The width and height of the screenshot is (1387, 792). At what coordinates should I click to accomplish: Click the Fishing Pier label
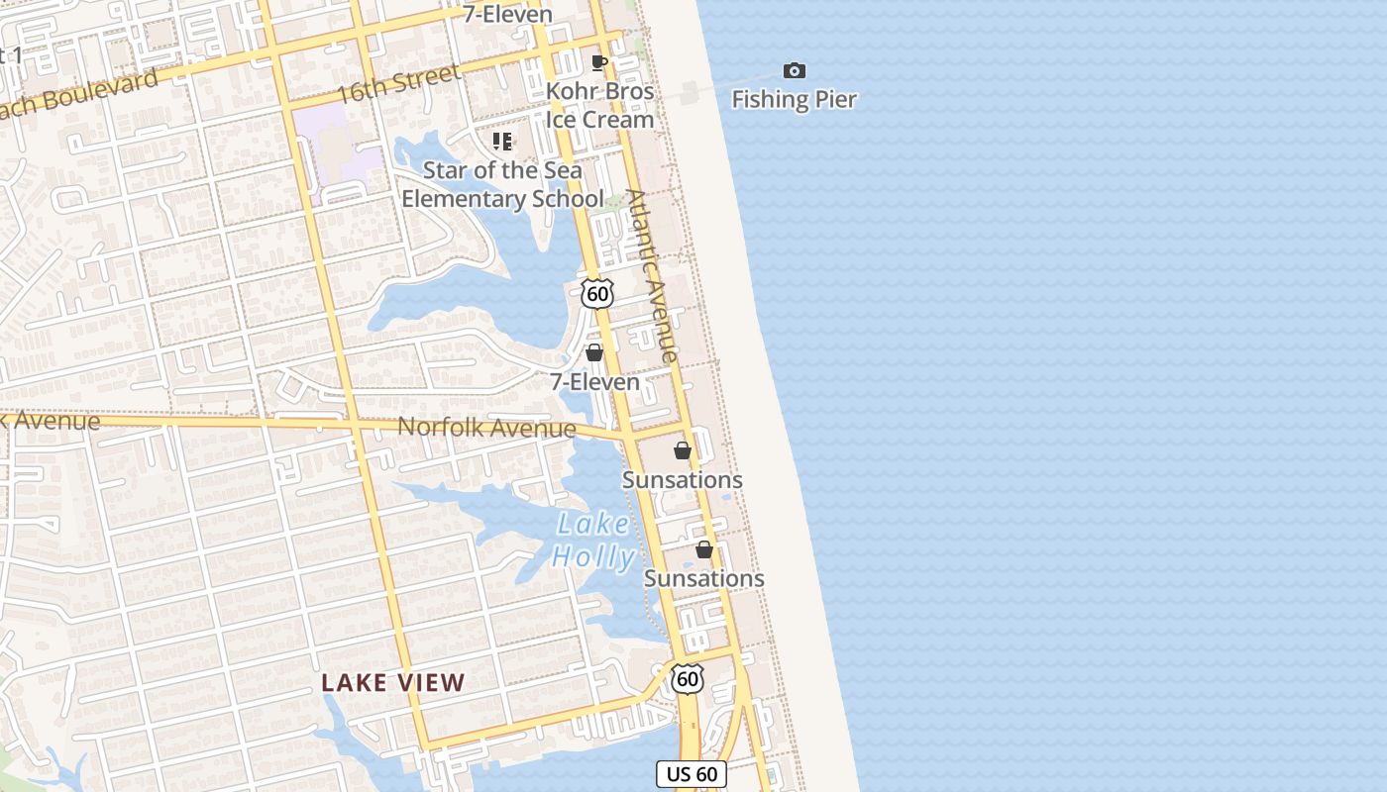point(794,99)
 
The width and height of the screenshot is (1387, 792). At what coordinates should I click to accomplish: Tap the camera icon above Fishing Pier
point(795,70)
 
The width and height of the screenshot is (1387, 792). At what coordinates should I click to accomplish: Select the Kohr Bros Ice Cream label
point(600,105)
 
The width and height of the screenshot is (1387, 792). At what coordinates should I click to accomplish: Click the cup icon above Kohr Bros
point(598,63)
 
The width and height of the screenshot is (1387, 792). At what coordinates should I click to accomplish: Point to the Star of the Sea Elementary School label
point(502,184)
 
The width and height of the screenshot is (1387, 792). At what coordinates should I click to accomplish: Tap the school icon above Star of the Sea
point(502,142)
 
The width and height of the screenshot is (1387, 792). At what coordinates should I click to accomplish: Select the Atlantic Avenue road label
point(653,275)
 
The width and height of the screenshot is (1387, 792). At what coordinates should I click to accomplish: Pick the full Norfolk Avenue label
point(486,428)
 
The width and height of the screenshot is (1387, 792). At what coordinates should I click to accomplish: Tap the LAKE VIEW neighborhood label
point(393,682)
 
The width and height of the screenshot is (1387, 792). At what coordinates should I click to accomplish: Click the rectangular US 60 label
point(692,774)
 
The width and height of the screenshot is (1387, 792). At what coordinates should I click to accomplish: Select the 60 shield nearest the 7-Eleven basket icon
point(597,294)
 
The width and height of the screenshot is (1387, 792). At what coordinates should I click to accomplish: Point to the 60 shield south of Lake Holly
point(688,678)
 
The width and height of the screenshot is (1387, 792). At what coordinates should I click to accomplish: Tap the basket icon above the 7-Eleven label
point(594,352)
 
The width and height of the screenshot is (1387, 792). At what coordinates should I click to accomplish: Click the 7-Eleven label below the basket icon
point(594,381)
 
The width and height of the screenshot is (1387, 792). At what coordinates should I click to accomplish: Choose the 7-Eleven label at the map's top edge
point(507,14)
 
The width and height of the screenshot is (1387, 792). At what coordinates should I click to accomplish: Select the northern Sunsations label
point(682,480)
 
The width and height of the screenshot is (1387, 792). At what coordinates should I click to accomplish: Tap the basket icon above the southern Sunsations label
point(704,549)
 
